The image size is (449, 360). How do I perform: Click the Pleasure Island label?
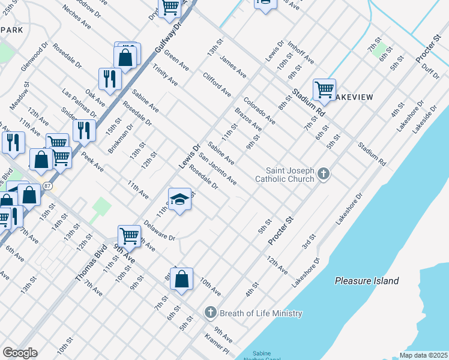[367, 280]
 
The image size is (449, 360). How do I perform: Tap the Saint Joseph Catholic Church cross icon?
[324, 175]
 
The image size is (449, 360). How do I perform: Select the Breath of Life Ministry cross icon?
[210, 313]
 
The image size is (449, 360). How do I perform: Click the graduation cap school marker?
[179, 199]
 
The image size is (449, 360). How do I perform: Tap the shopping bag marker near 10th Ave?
[181, 280]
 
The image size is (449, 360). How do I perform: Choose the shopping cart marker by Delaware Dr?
[129, 236]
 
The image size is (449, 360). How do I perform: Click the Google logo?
[20, 353]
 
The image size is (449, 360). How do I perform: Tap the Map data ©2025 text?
[423, 355]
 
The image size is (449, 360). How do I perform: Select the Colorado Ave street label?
[259, 110]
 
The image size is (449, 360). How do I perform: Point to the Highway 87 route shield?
[47, 186]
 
